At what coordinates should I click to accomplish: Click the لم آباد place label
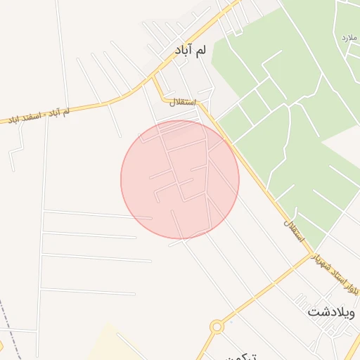[x=191, y=51]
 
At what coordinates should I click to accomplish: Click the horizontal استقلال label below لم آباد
[x=181, y=102]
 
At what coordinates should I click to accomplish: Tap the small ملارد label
[x=349, y=36]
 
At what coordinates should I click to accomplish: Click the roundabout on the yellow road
[x=217, y=326]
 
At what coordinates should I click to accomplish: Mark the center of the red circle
[x=180, y=179]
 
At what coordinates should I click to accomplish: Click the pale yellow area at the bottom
[x=105, y=345]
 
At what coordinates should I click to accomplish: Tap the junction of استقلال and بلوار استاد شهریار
[x=310, y=255]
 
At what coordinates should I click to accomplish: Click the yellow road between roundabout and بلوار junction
[x=260, y=292]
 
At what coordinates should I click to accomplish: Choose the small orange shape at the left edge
[x=1, y=345]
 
